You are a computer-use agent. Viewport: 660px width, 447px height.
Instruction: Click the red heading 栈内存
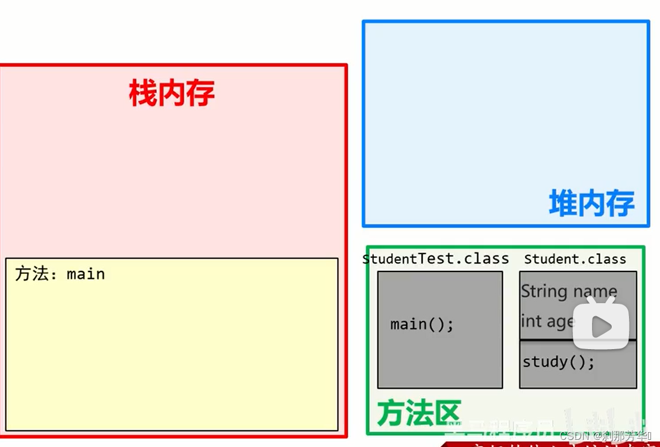(172, 93)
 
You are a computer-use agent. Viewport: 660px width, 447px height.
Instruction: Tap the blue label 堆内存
(591, 203)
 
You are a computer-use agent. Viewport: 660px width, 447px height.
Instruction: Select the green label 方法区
(419, 412)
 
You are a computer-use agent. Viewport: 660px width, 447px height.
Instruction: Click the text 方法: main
(60, 274)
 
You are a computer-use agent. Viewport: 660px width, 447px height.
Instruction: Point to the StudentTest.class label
(436, 258)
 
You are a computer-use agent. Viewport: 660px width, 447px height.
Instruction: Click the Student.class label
(575, 259)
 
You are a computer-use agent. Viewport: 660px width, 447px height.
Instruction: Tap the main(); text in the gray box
(422, 324)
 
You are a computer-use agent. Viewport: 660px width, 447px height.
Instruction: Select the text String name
(569, 291)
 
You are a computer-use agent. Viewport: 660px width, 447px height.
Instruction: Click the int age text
(547, 321)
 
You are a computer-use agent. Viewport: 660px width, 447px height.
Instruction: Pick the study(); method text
(559, 362)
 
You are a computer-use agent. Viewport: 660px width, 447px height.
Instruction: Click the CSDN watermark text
(606, 435)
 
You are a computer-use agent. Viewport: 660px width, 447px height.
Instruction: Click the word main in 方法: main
(86, 274)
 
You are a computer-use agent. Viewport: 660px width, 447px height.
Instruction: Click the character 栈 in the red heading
(143, 93)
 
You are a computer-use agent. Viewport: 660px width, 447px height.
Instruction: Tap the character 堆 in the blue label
(563, 203)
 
